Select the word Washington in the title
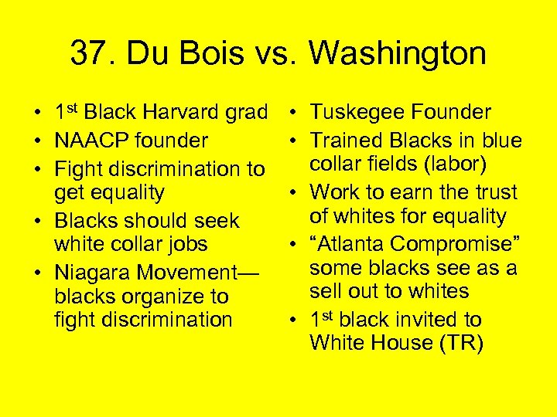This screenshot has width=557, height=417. (398, 54)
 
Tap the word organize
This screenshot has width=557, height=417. (162, 297)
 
